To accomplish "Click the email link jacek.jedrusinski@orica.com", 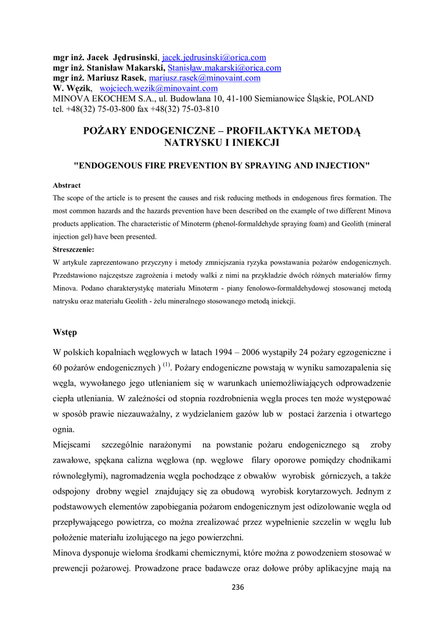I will [213, 58].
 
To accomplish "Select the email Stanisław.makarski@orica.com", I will [224, 68].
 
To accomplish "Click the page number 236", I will [239, 587].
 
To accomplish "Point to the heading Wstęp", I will [65, 332].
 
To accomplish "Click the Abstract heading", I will [66, 185].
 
